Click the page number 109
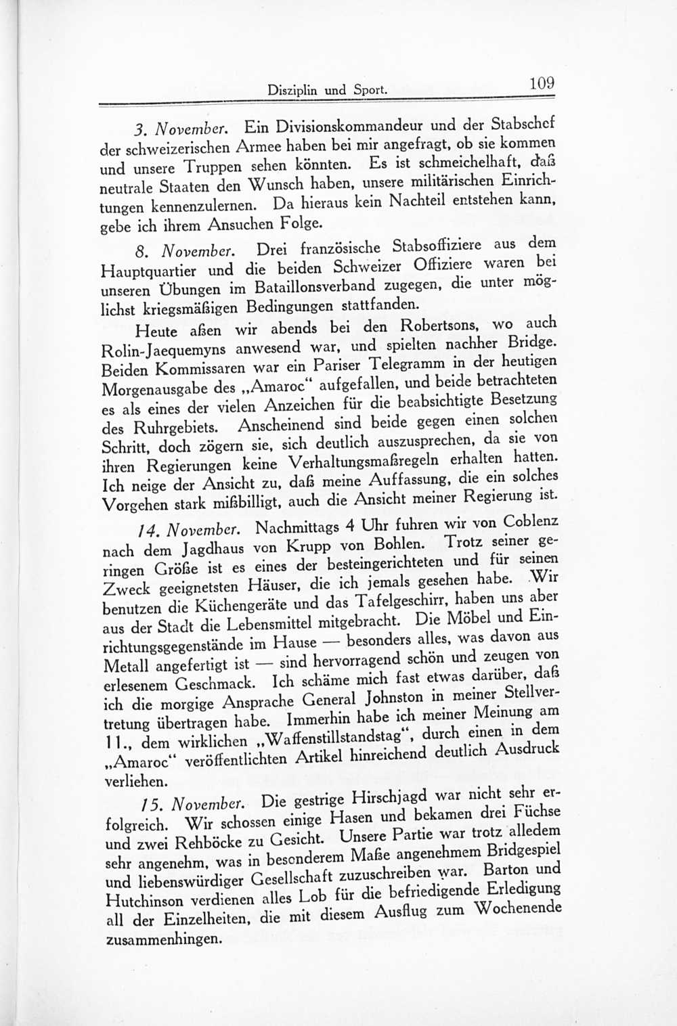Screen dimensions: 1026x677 click(x=542, y=84)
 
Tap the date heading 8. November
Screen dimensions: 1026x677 click(x=177, y=252)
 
